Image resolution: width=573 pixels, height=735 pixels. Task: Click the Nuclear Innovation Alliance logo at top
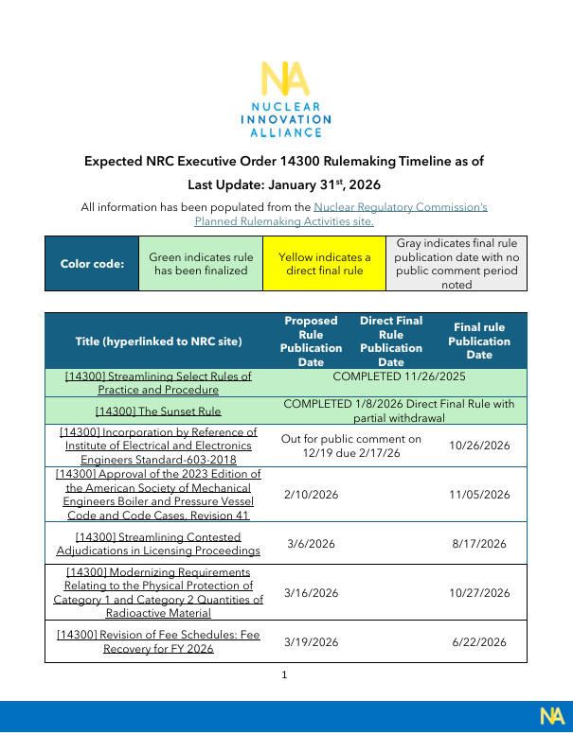285,99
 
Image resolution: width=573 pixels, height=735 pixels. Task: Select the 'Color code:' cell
92,264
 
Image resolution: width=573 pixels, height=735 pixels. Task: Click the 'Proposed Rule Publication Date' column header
311,341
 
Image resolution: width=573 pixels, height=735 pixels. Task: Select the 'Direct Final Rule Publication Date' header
390,341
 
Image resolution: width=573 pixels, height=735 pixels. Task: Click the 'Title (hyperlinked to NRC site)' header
158,341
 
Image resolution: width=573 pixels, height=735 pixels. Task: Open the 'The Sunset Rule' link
158,411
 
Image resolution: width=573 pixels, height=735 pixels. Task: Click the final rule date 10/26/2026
480,446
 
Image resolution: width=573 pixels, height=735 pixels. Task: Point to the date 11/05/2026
480,494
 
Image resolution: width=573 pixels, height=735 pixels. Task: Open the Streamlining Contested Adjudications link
158,544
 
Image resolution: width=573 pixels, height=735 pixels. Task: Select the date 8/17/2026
480,544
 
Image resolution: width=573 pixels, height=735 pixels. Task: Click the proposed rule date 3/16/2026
311,593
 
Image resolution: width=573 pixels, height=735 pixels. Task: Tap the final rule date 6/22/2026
480,642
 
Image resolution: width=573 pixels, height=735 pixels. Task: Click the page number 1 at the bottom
284,674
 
